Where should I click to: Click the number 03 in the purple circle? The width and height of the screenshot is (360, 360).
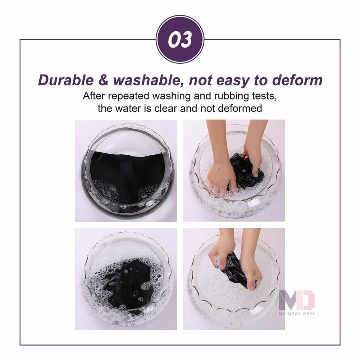[180, 40]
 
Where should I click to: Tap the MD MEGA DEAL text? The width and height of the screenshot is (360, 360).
[297, 313]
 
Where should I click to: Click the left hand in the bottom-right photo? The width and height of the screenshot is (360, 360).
[221, 253]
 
